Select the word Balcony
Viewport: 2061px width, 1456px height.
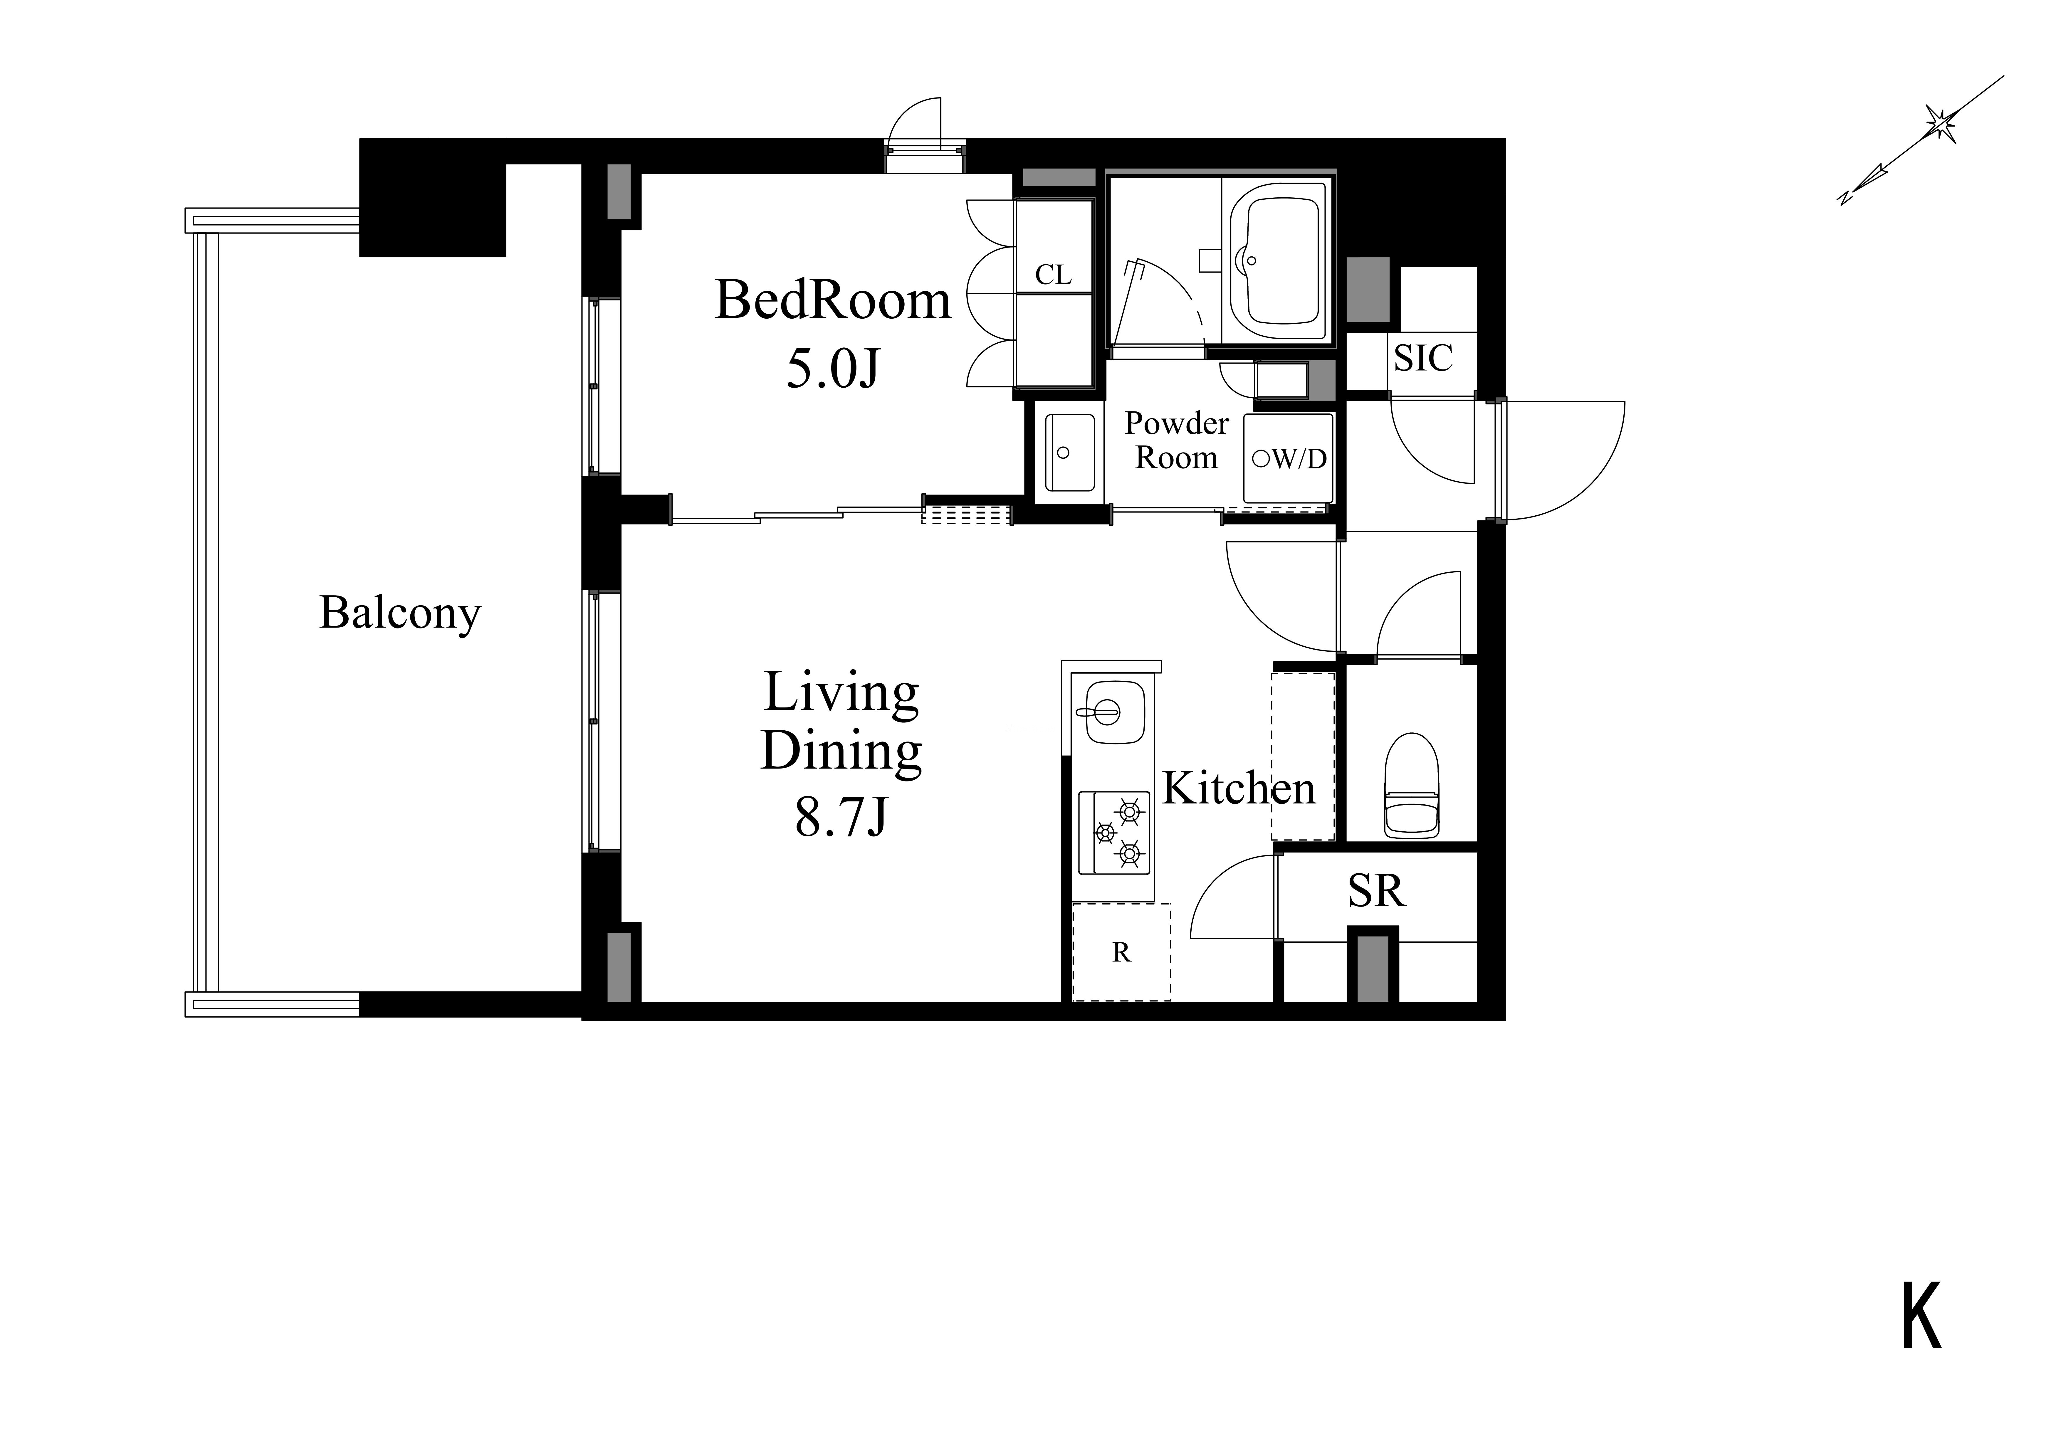click(400, 614)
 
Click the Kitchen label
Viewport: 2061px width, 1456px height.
click(1239, 788)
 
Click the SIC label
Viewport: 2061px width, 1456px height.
click(1423, 358)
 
